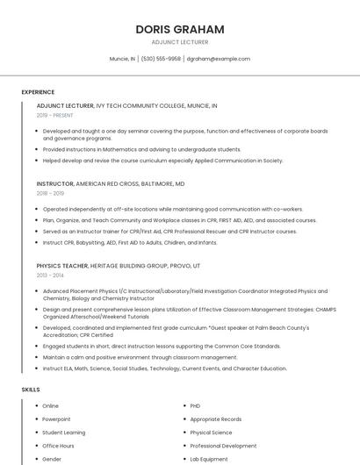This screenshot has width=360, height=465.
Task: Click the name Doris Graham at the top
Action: pos(179,29)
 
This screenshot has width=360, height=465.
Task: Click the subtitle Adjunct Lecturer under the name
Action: pos(179,42)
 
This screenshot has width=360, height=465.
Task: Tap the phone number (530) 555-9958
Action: pos(161,59)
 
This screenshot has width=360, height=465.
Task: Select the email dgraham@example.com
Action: pos(218,59)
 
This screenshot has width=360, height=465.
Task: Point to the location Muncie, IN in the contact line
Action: pos(122,59)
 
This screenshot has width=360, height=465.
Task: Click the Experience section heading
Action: pos(38,91)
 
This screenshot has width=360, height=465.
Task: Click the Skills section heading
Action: pos(31,389)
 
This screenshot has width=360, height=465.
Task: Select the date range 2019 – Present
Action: pos(54,115)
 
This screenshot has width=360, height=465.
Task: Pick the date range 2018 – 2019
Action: pos(50,193)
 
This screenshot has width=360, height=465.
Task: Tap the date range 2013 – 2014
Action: pos(50,275)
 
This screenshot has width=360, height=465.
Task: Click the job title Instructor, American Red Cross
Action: pos(111,184)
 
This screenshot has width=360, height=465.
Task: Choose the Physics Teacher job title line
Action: pos(118,265)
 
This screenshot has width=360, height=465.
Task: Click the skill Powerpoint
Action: pos(56,419)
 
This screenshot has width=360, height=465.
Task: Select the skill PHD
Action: pos(195,406)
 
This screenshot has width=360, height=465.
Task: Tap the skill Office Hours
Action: pos(58,446)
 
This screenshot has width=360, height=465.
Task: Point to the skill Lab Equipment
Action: pos(208,459)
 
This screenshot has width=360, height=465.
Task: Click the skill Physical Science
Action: pos(211,433)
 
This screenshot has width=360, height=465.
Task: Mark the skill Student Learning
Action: pos(63,433)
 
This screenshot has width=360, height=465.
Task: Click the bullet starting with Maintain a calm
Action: pos(127,357)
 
